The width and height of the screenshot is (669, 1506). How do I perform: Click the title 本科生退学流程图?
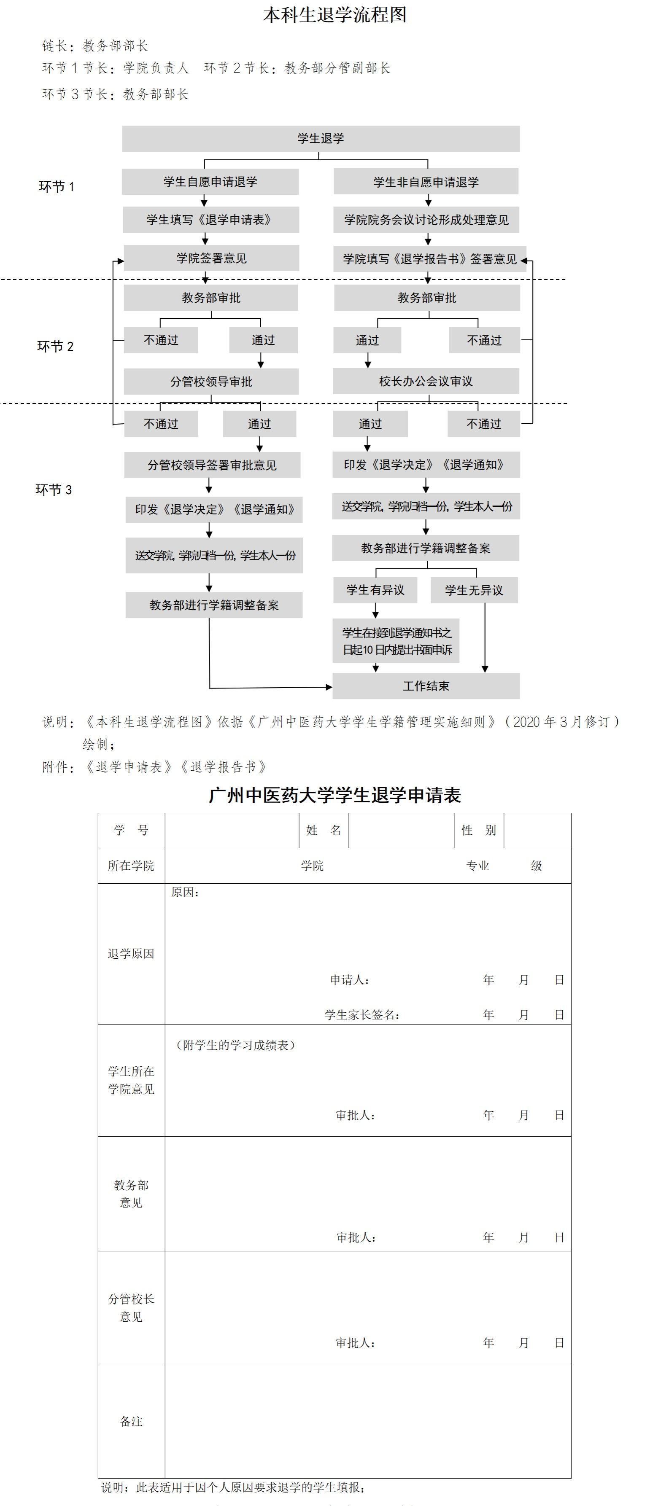334,15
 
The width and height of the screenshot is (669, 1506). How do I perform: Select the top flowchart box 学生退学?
321,139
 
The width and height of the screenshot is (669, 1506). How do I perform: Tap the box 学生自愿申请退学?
210,182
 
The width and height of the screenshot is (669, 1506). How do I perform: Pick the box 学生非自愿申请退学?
426,182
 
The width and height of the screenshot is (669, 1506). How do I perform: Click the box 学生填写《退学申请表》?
210,220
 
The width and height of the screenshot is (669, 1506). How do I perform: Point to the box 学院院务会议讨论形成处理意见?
426,220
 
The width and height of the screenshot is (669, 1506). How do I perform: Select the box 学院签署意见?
211,258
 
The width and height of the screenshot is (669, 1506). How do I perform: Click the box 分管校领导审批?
211,381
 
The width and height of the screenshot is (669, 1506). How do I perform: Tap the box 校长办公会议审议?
426,381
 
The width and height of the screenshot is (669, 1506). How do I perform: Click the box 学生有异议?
375,590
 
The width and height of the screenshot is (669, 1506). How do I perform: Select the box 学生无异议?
474,590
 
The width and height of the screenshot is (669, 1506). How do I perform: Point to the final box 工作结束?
426,686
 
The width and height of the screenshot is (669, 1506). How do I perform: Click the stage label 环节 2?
56,347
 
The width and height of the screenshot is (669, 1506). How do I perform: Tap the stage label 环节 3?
54,490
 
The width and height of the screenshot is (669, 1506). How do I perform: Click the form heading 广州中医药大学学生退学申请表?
334,795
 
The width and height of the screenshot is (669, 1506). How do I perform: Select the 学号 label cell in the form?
131,830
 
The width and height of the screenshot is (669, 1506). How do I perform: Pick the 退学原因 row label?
131,954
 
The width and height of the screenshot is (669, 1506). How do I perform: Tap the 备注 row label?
131,1421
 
